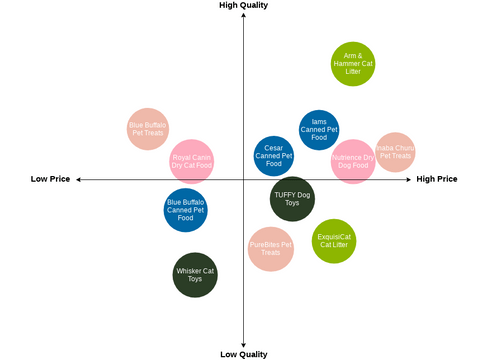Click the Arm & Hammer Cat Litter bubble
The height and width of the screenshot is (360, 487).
(x=353, y=64)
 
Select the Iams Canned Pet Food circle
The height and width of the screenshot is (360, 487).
(x=319, y=130)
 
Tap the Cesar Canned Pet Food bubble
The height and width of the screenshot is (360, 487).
(x=273, y=156)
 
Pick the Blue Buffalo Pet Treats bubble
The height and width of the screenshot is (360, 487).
(x=148, y=129)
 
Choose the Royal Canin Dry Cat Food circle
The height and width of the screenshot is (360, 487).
(x=191, y=160)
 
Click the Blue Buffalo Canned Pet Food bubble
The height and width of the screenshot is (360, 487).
(x=186, y=210)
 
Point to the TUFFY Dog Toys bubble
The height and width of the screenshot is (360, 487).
(x=292, y=198)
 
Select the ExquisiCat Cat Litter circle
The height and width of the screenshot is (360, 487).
(x=334, y=241)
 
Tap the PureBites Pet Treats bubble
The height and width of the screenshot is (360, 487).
(x=271, y=249)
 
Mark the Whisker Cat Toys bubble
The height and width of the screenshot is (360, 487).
(x=195, y=275)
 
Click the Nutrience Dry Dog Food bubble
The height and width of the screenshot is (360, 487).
(x=353, y=161)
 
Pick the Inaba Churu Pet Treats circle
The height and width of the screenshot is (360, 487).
(x=396, y=152)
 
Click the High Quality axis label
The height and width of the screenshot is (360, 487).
(x=243, y=6)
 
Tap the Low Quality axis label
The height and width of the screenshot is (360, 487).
(x=243, y=354)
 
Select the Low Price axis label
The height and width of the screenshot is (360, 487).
(x=50, y=179)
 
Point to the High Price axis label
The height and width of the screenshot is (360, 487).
(x=437, y=179)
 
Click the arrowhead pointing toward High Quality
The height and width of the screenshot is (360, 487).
(x=243, y=16)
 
